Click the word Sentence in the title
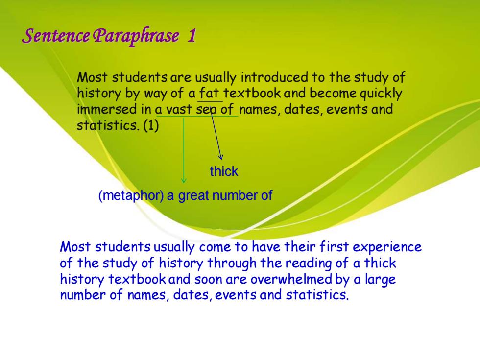coord(56,35)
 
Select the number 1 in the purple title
coord(192,35)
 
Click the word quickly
coord(381,94)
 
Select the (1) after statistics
coord(151,125)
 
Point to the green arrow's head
coord(184,182)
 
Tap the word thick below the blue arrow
coord(224,171)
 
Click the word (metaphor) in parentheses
coord(131,195)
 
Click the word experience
coord(387,247)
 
